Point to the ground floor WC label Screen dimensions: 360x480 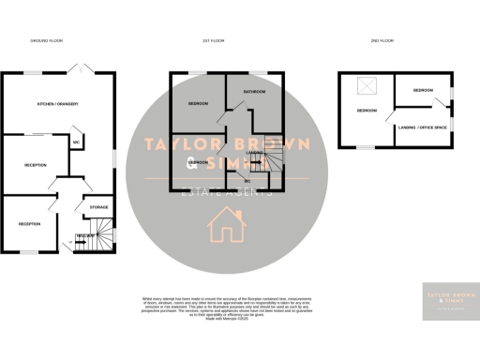pos(75,142)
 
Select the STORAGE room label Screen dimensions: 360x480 pos(98,206)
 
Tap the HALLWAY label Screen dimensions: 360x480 pos(84,235)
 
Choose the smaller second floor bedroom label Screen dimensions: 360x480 pos(424,91)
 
